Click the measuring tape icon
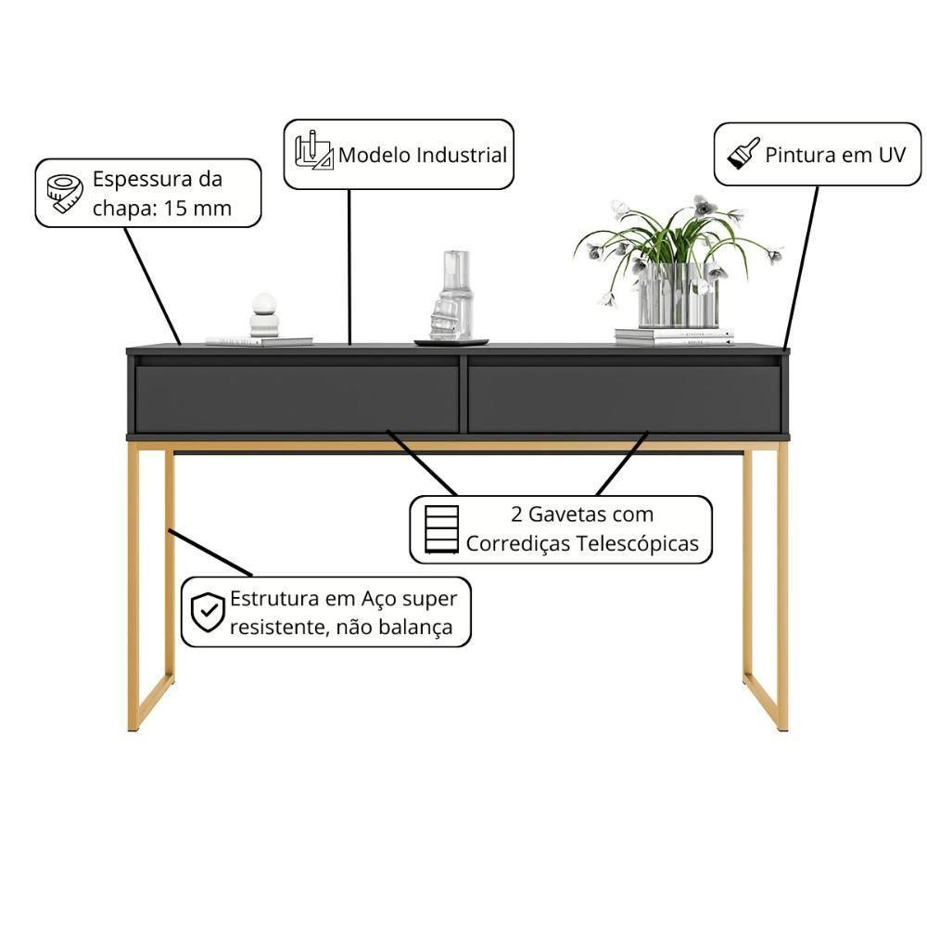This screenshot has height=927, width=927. [x=65, y=193]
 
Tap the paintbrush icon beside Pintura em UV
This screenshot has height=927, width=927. [x=743, y=154]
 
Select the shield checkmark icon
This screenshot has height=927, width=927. [x=208, y=612]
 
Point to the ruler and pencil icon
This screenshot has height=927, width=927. [x=313, y=152]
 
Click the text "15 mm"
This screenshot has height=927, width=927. [x=197, y=208]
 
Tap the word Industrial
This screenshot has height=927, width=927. [x=462, y=154]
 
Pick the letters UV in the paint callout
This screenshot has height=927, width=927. [x=891, y=154]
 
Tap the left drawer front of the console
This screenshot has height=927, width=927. [x=296, y=398]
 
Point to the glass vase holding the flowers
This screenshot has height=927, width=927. [x=677, y=295]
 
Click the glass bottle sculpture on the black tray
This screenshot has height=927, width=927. [x=453, y=296]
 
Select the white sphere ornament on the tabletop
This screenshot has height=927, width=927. [x=264, y=304]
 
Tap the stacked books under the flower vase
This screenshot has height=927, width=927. [x=673, y=336]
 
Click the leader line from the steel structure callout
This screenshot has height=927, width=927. [x=210, y=552]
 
